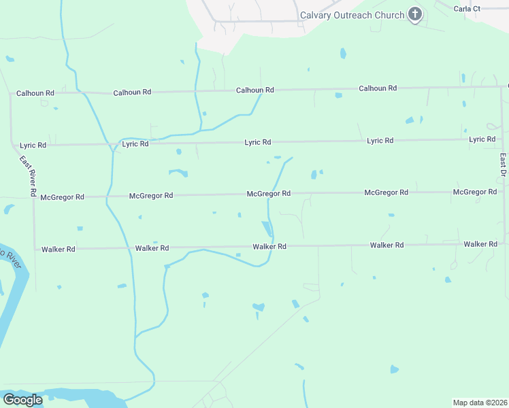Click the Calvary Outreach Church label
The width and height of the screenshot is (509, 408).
pos(352,15)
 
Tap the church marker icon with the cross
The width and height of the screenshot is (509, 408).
pos(415,14)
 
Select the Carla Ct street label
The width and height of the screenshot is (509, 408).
pos(467,9)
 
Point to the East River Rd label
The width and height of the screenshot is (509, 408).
pos(28,176)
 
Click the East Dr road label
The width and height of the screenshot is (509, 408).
pos(503,166)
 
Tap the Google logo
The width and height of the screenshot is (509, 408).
pos(22,400)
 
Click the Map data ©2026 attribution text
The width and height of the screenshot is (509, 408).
pos(480,402)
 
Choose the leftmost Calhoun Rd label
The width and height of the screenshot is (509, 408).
pos(35,93)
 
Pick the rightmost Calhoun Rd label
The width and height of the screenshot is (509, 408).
pos(378,88)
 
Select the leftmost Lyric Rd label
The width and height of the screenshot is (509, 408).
pos(33,146)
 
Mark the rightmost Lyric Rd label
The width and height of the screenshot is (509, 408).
pos(482,139)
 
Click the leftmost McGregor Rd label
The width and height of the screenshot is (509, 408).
pos(62,197)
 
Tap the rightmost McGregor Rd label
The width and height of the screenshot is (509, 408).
pos(475,192)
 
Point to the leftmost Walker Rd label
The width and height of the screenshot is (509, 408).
pos(58,250)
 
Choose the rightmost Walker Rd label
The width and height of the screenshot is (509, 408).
pos(480,244)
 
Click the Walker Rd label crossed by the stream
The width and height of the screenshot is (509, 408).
pos(269,247)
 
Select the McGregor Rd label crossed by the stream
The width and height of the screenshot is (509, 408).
pos(269,194)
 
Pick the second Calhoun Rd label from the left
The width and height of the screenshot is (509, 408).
pos(132,92)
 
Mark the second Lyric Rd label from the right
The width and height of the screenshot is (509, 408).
pos(380,141)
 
